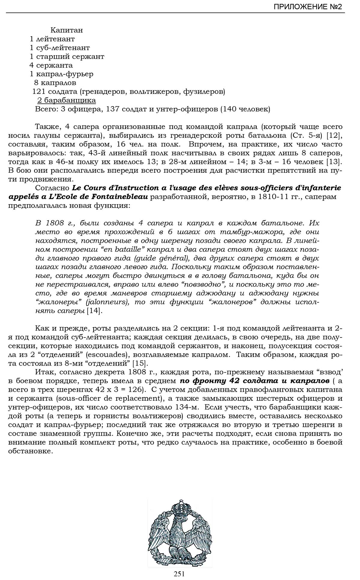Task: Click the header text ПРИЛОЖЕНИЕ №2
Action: point(307,7)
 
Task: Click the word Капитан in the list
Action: point(67,30)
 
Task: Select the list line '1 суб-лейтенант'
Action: point(60,48)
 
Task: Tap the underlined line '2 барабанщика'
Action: point(67,100)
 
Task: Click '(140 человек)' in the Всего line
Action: point(245,109)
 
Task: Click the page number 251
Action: point(179,574)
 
